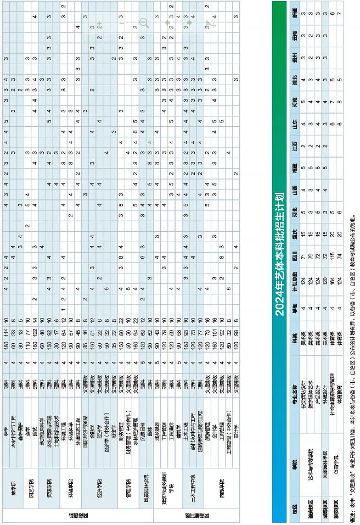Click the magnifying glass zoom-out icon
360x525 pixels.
pyautogui.click(x=144, y=23)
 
